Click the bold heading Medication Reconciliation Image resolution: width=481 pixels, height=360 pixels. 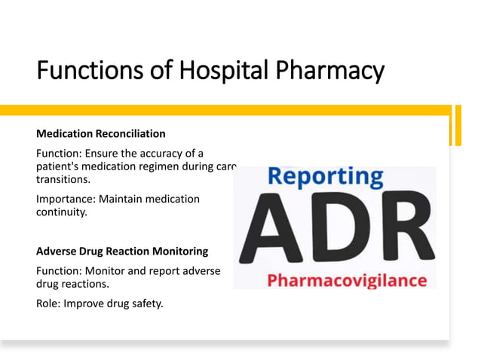pyautogui.click(x=101, y=133)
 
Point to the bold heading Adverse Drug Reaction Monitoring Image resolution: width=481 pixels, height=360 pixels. pyautogui.click(x=122, y=251)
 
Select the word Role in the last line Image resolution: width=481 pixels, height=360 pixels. pyautogui.click(x=49, y=304)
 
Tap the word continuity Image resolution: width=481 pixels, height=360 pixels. pyautogui.click(x=60, y=212)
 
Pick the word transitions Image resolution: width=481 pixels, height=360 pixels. pyautogui.click(x=63, y=181)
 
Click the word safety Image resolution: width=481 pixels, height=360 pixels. pyautogui.click(x=146, y=304)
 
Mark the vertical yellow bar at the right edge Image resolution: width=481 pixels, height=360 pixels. pyautogui.click(x=456, y=125)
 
